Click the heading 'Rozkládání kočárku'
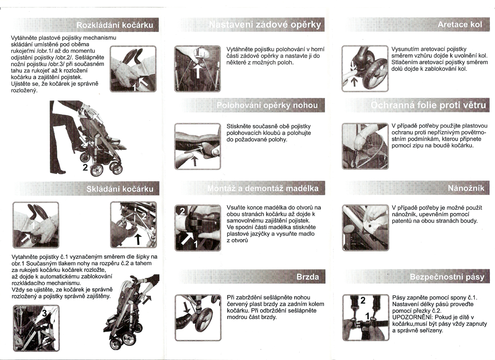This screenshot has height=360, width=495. (x=115, y=25)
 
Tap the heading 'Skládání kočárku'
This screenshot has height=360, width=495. (x=120, y=189)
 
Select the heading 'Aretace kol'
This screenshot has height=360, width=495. (x=459, y=24)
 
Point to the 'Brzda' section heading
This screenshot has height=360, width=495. (x=308, y=277)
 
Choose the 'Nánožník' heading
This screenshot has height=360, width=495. (x=466, y=188)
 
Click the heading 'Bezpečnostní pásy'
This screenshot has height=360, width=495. (x=447, y=277)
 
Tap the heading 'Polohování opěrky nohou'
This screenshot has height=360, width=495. (x=267, y=105)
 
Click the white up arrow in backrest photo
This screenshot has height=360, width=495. (x=197, y=71)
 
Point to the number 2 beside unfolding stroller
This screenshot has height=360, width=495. (x=85, y=167)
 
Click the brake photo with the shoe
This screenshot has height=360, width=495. (x=198, y=317)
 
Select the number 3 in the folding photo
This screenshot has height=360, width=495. (x=44, y=313)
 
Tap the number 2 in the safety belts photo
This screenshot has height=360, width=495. (x=363, y=301)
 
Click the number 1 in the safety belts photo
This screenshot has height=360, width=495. (x=367, y=316)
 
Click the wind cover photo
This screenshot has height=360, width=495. (x=365, y=146)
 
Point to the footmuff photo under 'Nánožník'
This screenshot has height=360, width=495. (x=365, y=227)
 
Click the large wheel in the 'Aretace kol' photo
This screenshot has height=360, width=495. (x=375, y=74)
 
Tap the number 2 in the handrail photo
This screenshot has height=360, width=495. (x=182, y=211)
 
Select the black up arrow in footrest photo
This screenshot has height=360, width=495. (x=195, y=161)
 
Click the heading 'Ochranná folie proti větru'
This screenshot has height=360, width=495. (x=428, y=105)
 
